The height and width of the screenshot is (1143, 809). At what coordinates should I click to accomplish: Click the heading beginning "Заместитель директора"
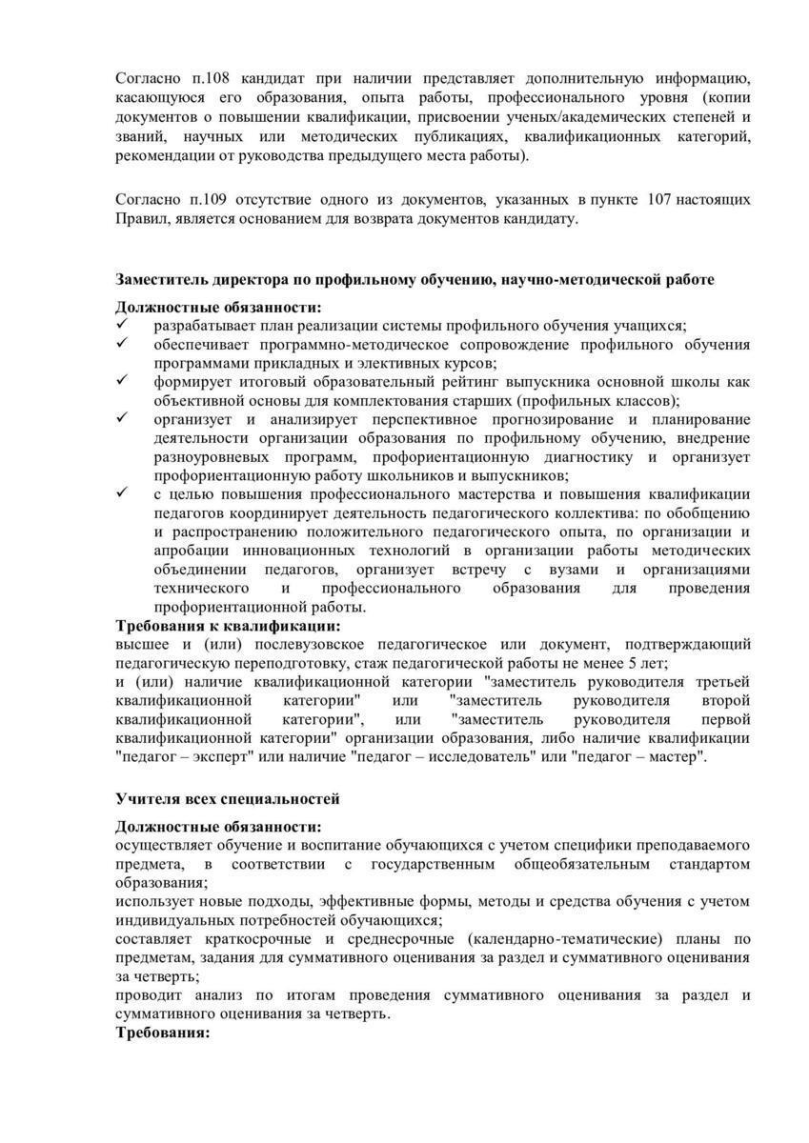click(415, 279)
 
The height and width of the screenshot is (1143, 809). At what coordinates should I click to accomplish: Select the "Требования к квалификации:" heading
click(228, 627)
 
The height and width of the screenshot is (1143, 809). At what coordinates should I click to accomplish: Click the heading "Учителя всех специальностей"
click(228, 798)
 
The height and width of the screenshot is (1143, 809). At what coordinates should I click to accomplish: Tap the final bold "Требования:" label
click(162, 1033)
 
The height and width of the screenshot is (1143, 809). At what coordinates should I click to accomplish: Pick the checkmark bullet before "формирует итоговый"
click(122, 381)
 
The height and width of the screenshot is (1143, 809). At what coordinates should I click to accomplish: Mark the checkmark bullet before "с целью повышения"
click(122, 493)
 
